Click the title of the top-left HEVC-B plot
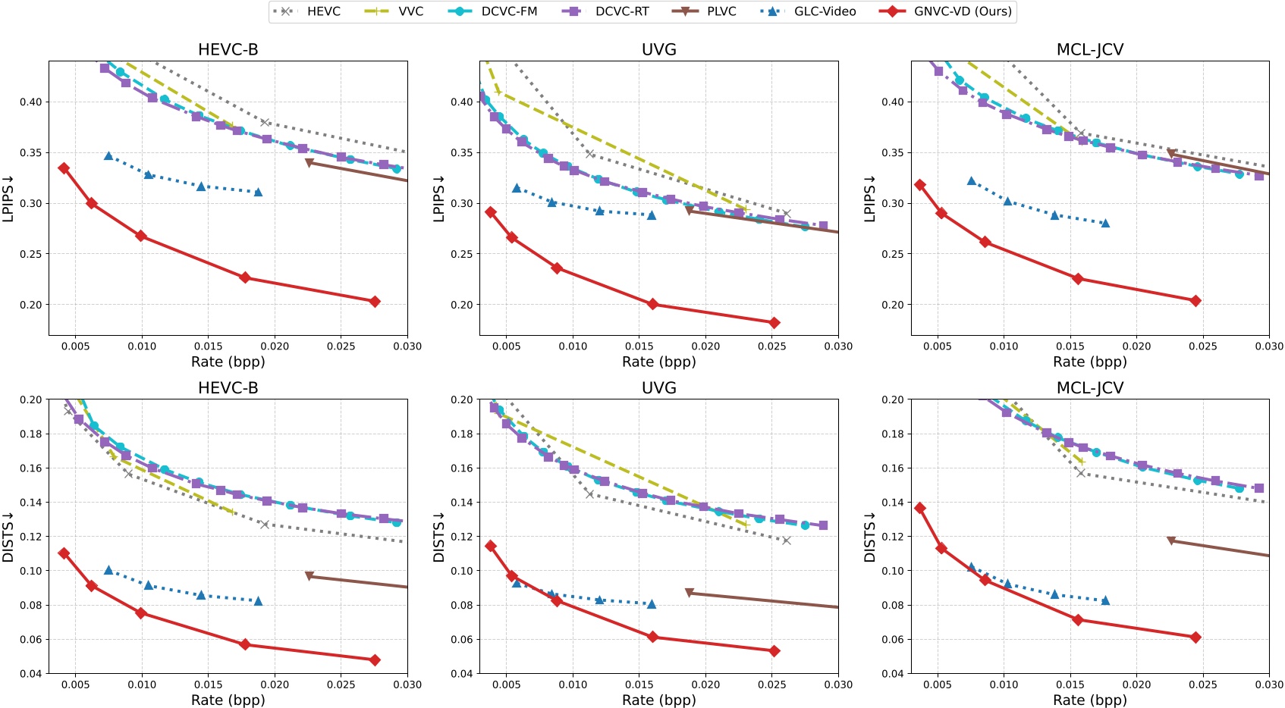click(228, 49)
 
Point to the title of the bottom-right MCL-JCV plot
click(1089, 387)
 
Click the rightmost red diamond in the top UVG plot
click(774, 323)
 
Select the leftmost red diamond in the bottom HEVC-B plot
click(64, 553)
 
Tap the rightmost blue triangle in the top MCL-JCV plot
click(1105, 223)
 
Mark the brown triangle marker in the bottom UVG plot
click(689, 593)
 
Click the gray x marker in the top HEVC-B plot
click(265, 122)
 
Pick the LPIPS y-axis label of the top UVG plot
click(438, 199)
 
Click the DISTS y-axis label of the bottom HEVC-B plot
click(8, 537)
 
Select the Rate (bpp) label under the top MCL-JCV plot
click(1089, 362)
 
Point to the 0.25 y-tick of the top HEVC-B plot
click(30, 254)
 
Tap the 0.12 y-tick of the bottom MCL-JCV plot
click(892, 537)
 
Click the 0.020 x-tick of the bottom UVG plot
click(705, 685)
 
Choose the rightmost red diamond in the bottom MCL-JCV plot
click(1195, 638)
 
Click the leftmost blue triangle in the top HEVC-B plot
click(108, 156)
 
